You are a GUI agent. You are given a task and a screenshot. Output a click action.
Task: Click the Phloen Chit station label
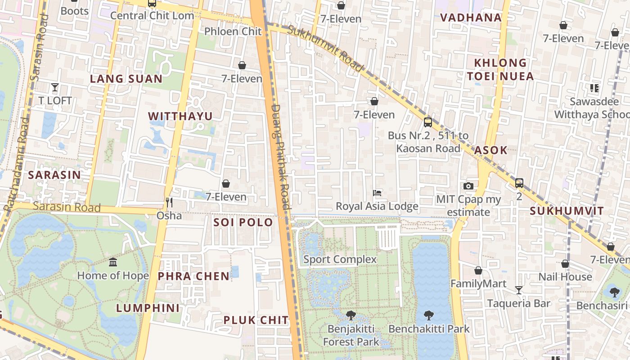click(233, 31)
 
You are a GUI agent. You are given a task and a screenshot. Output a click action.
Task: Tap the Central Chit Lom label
click(152, 15)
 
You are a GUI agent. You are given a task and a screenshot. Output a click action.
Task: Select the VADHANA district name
click(471, 18)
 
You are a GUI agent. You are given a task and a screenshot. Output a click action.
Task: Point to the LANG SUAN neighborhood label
click(126, 79)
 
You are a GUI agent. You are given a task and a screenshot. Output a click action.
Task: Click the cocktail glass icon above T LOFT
click(55, 87)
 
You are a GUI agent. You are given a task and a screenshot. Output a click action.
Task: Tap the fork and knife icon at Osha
click(169, 202)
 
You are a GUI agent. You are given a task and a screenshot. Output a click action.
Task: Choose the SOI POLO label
click(243, 222)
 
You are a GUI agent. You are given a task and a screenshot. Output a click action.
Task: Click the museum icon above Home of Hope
click(113, 262)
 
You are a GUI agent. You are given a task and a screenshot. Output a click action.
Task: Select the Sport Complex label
click(340, 259)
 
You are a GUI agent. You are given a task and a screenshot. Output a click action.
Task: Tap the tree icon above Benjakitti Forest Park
click(351, 315)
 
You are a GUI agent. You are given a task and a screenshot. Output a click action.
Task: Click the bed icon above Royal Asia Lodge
click(377, 193)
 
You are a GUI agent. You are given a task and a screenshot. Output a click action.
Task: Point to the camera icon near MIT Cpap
click(468, 186)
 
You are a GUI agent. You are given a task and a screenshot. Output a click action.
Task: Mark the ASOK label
click(490, 150)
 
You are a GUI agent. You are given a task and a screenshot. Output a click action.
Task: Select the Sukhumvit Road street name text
click(325, 48)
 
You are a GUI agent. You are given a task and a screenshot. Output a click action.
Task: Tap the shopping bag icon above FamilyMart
click(478, 270)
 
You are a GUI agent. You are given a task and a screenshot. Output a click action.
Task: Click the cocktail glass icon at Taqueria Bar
click(519, 290)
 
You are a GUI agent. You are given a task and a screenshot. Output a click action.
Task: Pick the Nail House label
click(565, 277)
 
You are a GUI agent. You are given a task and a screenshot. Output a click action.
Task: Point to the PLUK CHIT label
click(256, 320)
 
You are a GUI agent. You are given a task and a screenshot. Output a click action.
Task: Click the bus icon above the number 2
click(519, 183)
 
